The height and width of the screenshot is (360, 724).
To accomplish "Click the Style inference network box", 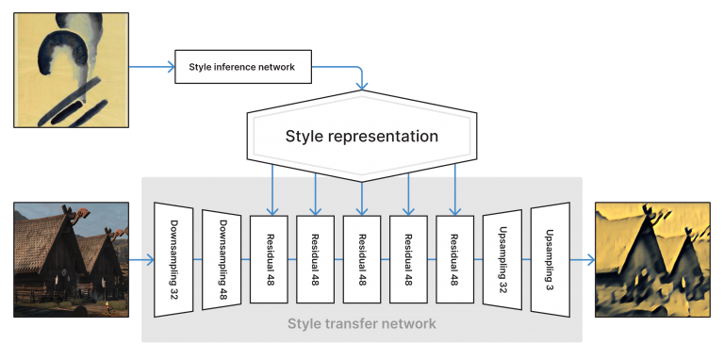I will [243, 67].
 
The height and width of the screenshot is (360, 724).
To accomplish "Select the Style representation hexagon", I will [361, 137].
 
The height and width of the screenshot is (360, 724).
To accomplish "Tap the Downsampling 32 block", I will [173, 260].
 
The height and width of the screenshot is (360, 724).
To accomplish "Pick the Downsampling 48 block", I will [221, 260].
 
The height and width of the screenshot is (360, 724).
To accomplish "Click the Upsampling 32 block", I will [502, 260].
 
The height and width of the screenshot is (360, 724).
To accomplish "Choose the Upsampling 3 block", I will [549, 260].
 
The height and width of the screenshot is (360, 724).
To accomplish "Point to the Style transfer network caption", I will [362, 324].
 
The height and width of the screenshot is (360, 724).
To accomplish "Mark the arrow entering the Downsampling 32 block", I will [141, 260].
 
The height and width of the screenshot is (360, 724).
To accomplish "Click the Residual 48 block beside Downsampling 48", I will [268, 260].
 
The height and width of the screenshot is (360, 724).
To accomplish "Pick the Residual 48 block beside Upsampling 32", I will [455, 260].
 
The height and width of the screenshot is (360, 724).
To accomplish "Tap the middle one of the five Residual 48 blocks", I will [362, 260].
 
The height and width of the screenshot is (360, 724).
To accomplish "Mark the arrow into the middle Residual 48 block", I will [362, 198].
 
